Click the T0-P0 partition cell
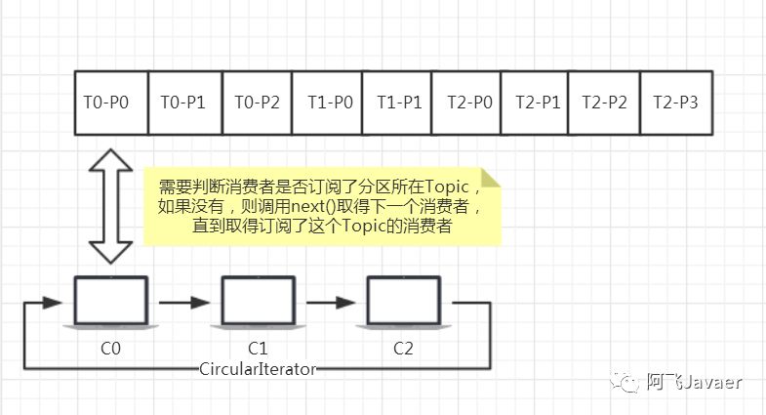[x=111, y=103]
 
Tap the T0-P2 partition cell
[x=258, y=103]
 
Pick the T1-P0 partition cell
[x=329, y=103]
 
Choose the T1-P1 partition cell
[x=397, y=103]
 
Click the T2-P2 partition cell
[x=603, y=103]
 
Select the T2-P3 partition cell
[x=675, y=103]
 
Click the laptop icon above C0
[x=111, y=302]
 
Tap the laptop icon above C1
[x=258, y=302]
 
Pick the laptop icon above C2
[x=404, y=302]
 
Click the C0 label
[x=111, y=347]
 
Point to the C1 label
[x=258, y=347]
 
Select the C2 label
[x=404, y=347]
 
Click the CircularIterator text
[x=258, y=368]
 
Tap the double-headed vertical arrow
[x=110, y=206]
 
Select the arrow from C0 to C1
[x=184, y=303]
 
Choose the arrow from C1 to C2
[x=331, y=303]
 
